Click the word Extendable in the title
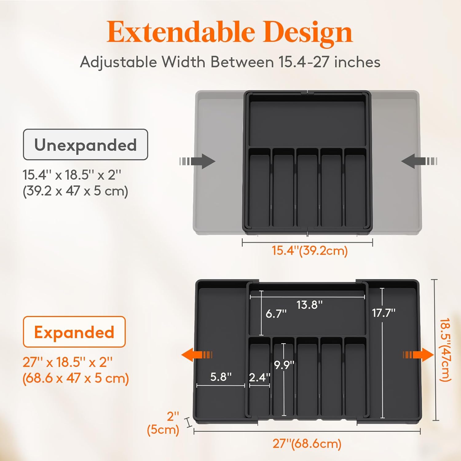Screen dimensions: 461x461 (x=181, y=33)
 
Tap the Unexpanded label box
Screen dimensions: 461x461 (x=85, y=145)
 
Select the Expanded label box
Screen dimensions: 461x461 (x=74, y=332)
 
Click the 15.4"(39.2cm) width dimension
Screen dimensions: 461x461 (x=309, y=251)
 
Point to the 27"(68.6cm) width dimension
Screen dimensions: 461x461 (x=307, y=444)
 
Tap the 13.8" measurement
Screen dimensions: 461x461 (x=309, y=305)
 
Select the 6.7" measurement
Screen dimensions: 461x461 (x=276, y=314)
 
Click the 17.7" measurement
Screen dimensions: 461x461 (x=383, y=313)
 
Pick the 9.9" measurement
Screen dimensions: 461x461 (x=284, y=365)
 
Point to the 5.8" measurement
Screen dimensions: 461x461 (x=221, y=377)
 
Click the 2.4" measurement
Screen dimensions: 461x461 (x=259, y=377)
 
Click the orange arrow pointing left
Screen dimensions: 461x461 (x=197, y=355)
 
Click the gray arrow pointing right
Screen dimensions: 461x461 (x=198, y=161)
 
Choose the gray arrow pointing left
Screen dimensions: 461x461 (x=419, y=161)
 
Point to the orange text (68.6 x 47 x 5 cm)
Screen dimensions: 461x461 (x=76, y=378)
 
